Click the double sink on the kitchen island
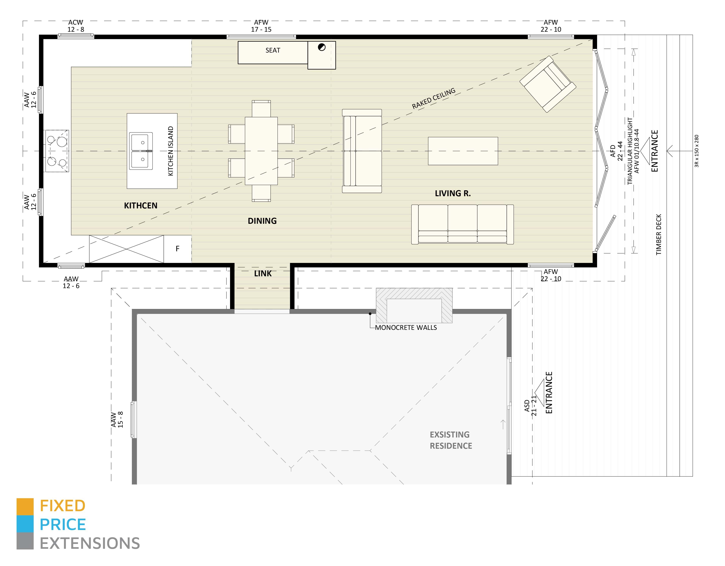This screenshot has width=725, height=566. tap(141, 151)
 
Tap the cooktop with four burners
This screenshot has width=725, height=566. tap(57, 151)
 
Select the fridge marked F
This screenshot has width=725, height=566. tap(177, 249)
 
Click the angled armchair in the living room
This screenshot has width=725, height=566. tap(547, 84)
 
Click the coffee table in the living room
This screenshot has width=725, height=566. tap(463, 151)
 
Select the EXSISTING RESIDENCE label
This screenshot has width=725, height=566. tap(450, 440)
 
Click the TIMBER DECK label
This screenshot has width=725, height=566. tap(659, 234)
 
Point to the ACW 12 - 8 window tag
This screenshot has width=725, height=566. tap(76, 26)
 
